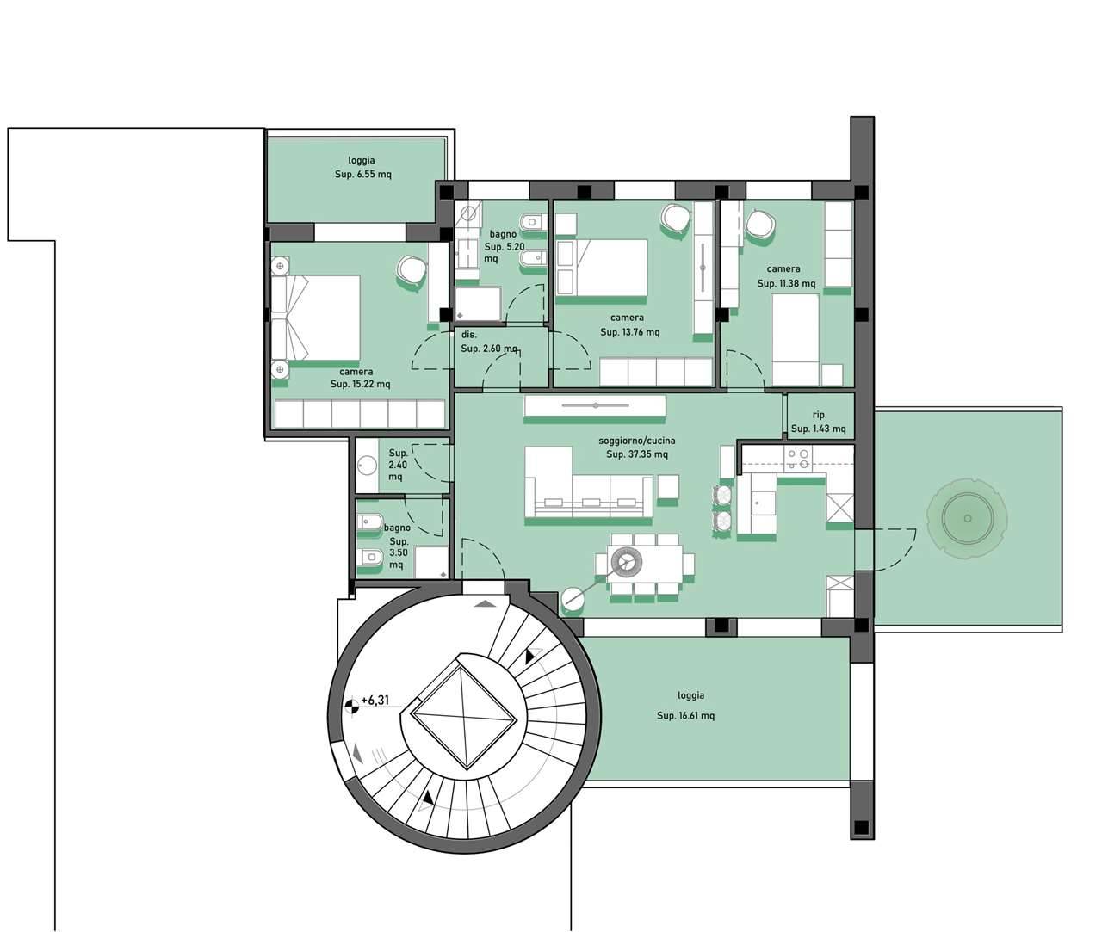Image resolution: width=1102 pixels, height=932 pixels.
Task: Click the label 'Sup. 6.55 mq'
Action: (363, 174)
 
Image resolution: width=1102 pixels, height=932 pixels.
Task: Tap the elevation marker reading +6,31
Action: (375, 701)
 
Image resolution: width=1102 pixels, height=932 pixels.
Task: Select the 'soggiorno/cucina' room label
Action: (636, 441)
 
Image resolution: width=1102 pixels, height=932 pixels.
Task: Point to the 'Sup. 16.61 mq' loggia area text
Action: (685, 716)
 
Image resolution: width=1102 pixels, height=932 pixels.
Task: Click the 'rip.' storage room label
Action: (820, 415)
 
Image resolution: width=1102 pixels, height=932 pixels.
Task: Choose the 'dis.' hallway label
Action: (469, 335)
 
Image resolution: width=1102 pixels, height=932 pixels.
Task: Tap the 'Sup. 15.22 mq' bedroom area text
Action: (360, 384)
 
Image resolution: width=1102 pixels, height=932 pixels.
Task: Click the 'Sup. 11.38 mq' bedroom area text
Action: (786, 283)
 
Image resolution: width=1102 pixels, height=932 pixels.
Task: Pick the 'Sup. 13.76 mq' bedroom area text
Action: (629, 332)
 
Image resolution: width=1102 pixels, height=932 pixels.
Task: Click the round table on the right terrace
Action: (967, 518)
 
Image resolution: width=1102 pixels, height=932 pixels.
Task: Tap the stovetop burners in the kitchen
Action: (798, 460)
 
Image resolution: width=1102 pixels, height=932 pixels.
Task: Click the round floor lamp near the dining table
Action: (573, 599)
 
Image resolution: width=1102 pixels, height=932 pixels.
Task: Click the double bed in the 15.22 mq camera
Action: (315, 318)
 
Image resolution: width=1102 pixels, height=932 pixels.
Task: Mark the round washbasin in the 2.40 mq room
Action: (367, 464)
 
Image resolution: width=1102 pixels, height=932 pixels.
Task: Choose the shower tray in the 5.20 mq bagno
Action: (478, 304)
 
